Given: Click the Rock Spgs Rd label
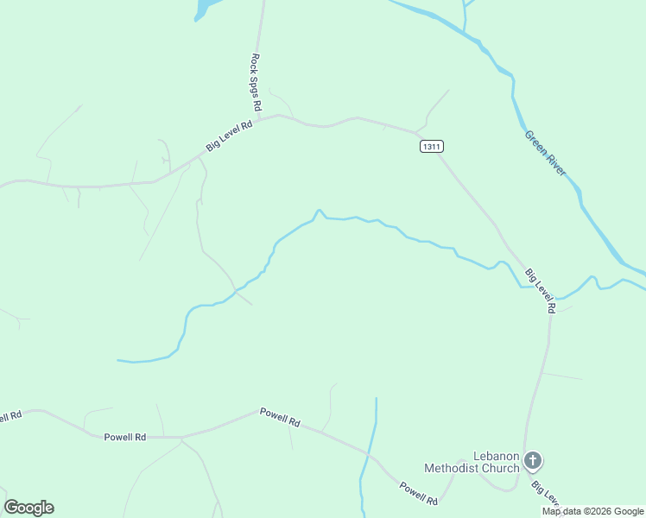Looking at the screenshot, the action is click(x=256, y=82).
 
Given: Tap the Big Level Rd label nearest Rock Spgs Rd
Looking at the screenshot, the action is click(x=229, y=136).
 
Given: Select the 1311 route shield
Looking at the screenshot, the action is click(x=432, y=147).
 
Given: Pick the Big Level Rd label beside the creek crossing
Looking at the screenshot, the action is click(x=540, y=290).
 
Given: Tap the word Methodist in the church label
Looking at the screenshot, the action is click(x=459, y=468).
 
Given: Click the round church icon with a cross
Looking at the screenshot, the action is click(x=533, y=460).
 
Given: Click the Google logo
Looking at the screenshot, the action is click(x=28, y=508).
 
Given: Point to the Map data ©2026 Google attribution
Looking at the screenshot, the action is click(x=592, y=511).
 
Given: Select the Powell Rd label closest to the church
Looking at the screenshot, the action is click(x=420, y=493).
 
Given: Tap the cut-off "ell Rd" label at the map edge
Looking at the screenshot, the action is click(x=9, y=417).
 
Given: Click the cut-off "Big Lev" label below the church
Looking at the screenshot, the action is click(x=547, y=496).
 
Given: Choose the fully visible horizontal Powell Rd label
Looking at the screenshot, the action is click(x=124, y=437).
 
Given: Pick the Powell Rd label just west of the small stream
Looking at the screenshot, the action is click(x=280, y=418).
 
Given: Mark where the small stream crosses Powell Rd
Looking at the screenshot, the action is click(x=369, y=453).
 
